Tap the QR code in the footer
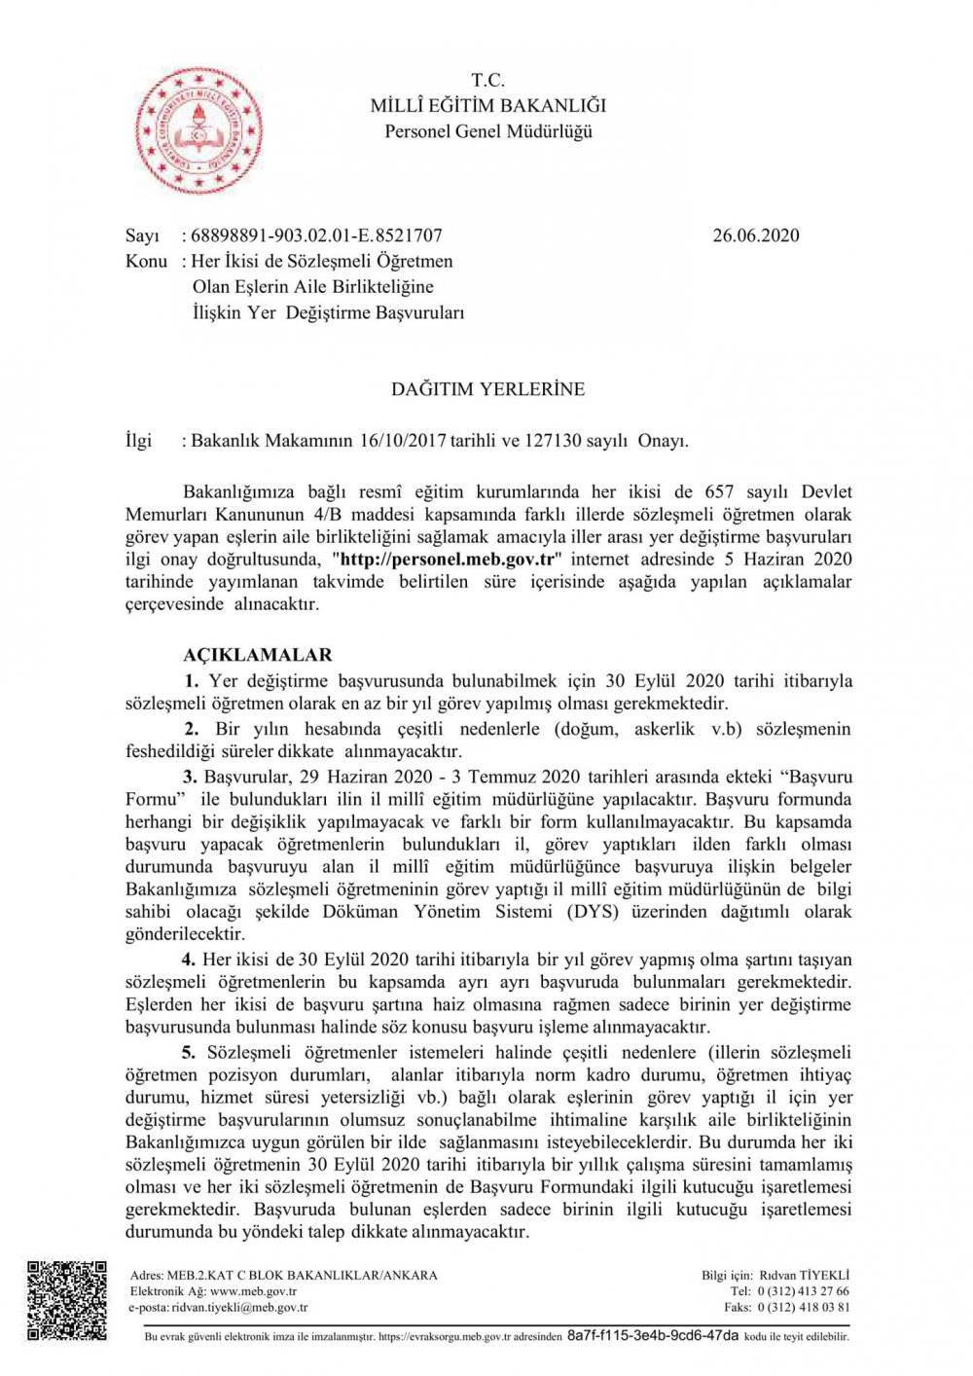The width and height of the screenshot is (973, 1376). (x=67, y=1300)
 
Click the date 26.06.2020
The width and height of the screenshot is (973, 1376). (x=755, y=235)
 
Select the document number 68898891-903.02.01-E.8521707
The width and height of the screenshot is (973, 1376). (x=316, y=235)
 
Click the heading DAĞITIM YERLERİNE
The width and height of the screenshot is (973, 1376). (x=487, y=389)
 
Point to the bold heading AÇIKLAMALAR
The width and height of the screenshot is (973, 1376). (x=258, y=655)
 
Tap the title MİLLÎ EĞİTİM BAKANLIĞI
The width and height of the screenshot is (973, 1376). (x=487, y=105)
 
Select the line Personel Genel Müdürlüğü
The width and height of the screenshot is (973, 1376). (x=487, y=131)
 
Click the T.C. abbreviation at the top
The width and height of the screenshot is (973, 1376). (x=487, y=80)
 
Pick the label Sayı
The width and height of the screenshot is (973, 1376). (x=142, y=235)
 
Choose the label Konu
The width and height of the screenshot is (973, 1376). (x=146, y=261)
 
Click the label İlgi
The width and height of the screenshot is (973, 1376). (x=139, y=441)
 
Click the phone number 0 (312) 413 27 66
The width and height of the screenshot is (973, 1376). (x=803, y=1291)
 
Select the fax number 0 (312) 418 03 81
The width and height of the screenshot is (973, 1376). (x=803, y=1308)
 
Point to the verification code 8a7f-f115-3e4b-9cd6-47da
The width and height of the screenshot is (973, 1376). (x=652, y=1336)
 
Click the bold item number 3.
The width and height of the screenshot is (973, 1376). (x=190, y=777)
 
